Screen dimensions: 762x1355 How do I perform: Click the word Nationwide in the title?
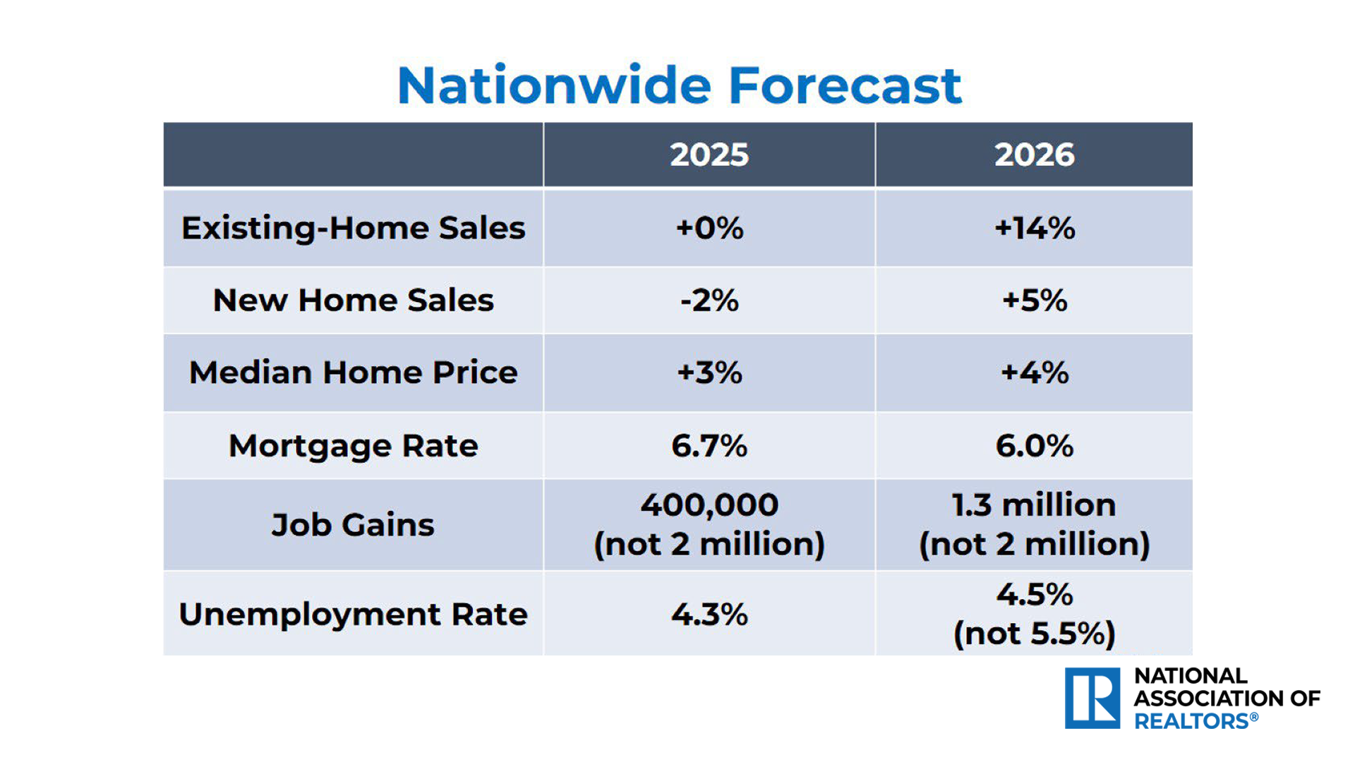[x=555, y=86]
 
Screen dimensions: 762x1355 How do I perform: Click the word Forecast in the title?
[x=844, y=86]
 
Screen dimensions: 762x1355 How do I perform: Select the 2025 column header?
[x=709, y=155]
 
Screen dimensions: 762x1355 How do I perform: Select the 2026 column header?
[x=1034, y=155]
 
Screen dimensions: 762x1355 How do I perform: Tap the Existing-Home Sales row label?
[x=353, y=228]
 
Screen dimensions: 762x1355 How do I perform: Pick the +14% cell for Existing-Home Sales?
[x=1034, y=228]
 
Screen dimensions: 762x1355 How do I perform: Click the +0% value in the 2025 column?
[x=709, y=228]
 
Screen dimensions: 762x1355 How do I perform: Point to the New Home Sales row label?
[x=353, y=301]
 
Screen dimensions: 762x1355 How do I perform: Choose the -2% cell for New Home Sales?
[x=709, y=301]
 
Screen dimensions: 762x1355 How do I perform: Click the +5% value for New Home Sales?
[x=1034, y=301]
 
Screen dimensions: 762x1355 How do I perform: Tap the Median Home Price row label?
[x=353, y=373]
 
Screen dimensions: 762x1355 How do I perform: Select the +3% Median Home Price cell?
[x=709, y=373]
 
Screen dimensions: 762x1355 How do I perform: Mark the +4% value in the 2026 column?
[x=1034, y=373]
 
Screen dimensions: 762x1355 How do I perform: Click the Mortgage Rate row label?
[x=353, y=446]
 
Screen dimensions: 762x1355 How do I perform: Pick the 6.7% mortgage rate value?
[x=709, y=446]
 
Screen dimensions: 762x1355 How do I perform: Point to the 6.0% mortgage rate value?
[x=1034, y=446]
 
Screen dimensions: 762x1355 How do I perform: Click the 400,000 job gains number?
[x=709, y=505]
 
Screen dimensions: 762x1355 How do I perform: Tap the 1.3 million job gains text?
[x=1034, y=505]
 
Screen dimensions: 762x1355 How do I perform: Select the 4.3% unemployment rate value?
[x=709, y=615]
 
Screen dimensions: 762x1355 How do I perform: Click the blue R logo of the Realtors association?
[x=1092, y=698]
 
